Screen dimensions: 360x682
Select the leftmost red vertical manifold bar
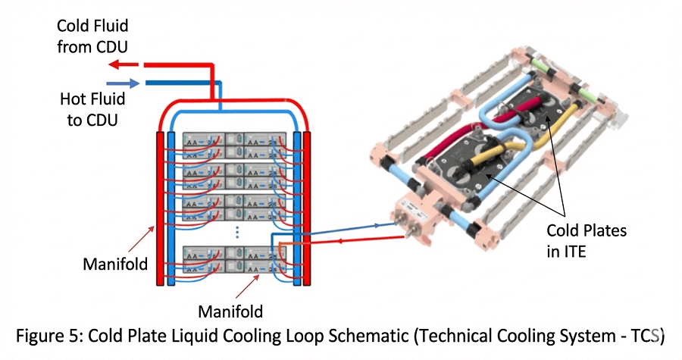click(160, 208)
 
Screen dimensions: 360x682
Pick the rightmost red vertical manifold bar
click(308, 208)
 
